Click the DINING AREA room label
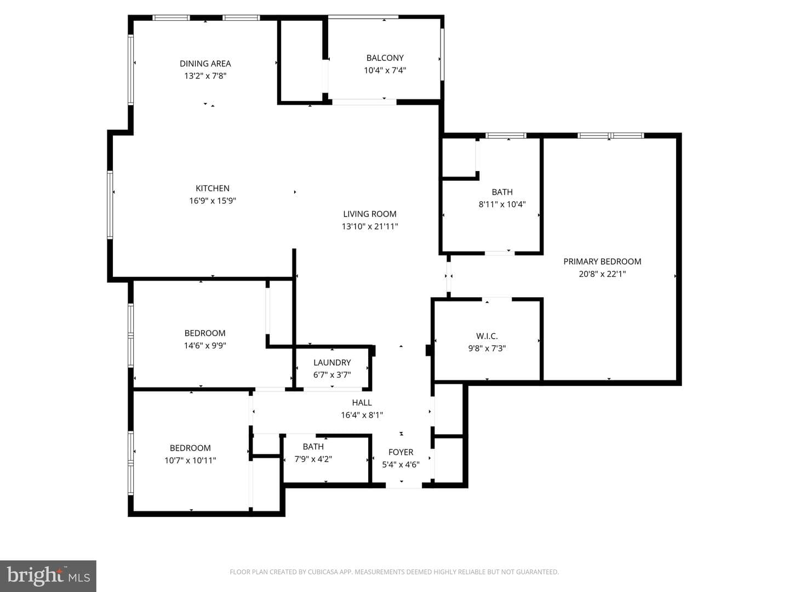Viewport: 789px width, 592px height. [x=205, y=64]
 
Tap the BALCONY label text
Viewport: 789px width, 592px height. [x=385, y=58]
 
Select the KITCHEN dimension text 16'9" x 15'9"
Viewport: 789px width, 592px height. [x=213, y=201]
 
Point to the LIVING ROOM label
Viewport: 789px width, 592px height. [x=369, y=214]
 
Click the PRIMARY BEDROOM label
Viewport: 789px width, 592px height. [x=602, y=261]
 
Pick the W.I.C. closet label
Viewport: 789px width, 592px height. [x=487, y=336]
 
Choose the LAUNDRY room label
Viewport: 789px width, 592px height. [x=332, y=362]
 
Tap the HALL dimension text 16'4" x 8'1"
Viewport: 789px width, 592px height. [x=362, y=415]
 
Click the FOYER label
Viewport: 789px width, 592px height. [x=401, y=452]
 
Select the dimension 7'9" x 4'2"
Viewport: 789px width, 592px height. [x=313, y=459]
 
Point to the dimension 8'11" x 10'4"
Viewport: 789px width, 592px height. [x=502, y=204]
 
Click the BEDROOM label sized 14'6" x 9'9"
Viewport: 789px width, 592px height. [x=204, y=333]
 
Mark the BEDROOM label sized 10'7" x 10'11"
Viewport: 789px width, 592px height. [x=190, y=448]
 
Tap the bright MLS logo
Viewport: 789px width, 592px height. [x=48, y=576]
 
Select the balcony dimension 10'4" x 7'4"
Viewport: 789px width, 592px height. [x=385, y=71]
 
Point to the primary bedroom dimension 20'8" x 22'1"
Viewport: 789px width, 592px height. [x=602, y=274]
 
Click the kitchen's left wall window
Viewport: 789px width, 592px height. [x=110, y=204]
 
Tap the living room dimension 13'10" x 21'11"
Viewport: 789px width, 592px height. [x=369, y=226]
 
